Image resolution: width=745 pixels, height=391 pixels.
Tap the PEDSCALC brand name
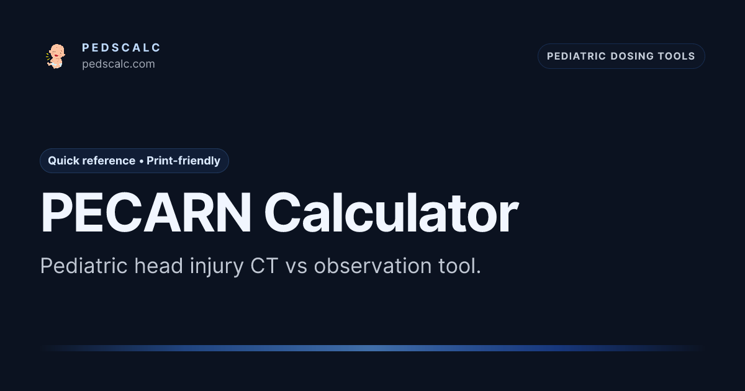[122, 48]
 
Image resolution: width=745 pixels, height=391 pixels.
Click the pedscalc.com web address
[119, 64]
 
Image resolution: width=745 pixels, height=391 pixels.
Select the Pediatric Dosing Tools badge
[621, 56]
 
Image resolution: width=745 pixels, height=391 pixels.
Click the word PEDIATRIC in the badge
[576, 56]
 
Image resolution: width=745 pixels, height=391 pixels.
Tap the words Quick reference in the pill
[91, 161]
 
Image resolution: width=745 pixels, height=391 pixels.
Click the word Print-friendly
[183, 161]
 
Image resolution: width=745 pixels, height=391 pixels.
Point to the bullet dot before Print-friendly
[142, 161]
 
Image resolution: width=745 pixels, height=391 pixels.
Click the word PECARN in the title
[146, 212]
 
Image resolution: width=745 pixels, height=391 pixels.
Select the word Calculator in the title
[391, 212]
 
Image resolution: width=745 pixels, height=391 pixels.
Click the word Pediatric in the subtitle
[84, 266]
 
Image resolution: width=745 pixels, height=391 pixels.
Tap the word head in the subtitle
[159, 266]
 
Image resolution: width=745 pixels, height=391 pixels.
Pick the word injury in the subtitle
[217, 267]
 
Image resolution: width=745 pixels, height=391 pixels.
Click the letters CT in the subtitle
[264, 266]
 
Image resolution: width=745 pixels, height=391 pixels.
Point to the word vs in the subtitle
[296, 268]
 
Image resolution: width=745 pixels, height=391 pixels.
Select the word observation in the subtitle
[373, 266]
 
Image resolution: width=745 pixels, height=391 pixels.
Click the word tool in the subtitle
[458, 266]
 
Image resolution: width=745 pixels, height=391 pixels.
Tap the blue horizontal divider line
[372, 348]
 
